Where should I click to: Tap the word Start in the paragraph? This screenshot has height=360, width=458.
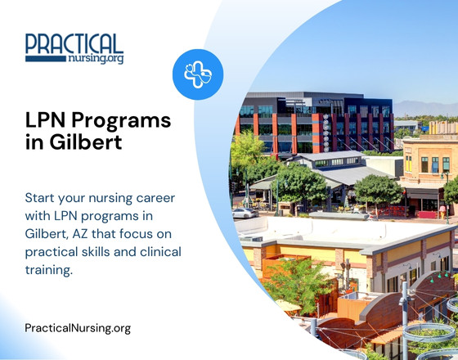tap(42, 200)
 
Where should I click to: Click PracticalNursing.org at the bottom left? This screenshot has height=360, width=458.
tap(78, 328)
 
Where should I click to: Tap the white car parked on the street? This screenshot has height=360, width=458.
tap(245, 212)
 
